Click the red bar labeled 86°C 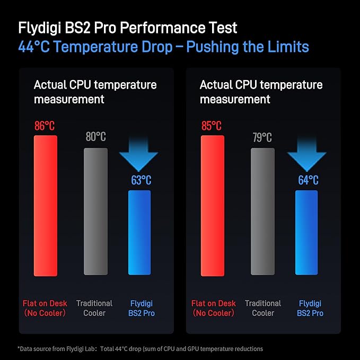point(45,206)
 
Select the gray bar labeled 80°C point(95,212)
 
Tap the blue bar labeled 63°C point(139,233)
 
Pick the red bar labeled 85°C point(213,206)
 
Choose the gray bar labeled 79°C point(262,212)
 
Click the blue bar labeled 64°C point(306,233)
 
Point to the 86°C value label point(45,126)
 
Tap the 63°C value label point(141,180)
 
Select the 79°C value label point(262,137)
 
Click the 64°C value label point(308,180)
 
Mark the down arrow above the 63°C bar point(138,153)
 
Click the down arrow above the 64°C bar point(306,153)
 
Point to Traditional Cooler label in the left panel point(94,308)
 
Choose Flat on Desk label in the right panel point(213,308)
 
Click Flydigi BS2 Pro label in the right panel point(311,308)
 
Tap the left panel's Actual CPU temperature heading point(95,91)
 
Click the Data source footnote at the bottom point(141,348)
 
